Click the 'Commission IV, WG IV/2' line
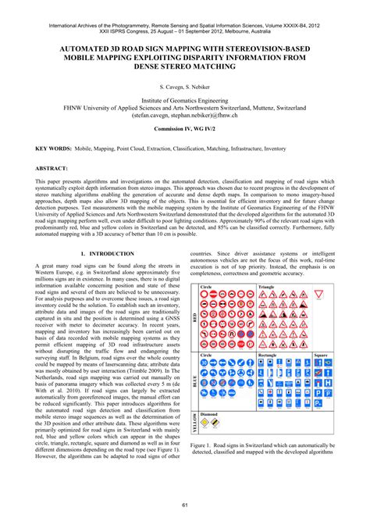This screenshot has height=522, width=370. pos(185,127)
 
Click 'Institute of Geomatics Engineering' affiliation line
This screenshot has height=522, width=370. pos(185,100)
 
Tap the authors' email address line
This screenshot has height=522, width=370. pos(185,114)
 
